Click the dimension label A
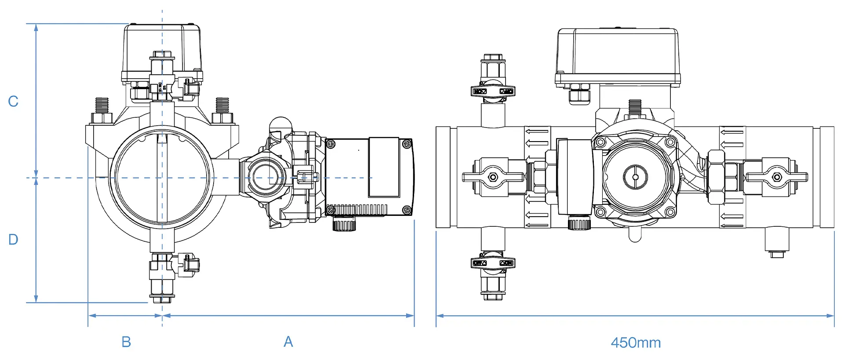(288, 342)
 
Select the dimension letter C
(13, 102)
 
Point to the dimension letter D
(13, 240)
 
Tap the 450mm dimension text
(636, 343)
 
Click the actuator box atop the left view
(162, 48)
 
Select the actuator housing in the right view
(618, 55)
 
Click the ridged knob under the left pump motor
(344, 225)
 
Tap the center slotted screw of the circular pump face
(635, 177)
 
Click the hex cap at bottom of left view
(162, 299)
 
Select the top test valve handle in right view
(493, 91)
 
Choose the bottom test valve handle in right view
(493, 263)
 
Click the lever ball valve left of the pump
(493, 177)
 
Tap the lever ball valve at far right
(777, 177)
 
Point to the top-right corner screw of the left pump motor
(407, 144)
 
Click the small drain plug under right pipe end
(777, 254)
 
